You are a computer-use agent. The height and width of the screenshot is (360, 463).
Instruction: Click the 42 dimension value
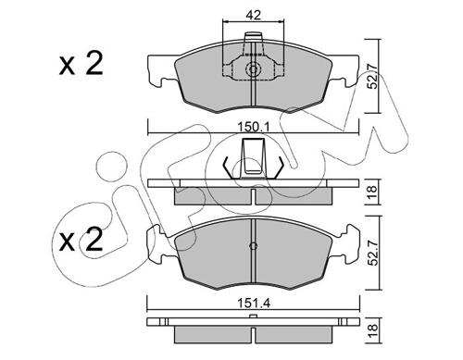(254, 15)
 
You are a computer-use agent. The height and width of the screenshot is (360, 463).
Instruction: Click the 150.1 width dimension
(254, 127)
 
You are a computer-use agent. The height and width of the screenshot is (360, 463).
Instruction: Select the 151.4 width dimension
(254, 304)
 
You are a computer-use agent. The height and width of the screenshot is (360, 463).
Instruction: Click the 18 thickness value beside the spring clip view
(373, 192)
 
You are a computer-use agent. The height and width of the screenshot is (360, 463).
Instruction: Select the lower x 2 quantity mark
(81, 240)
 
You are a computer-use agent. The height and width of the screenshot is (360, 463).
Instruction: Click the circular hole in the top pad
(253, 69)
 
